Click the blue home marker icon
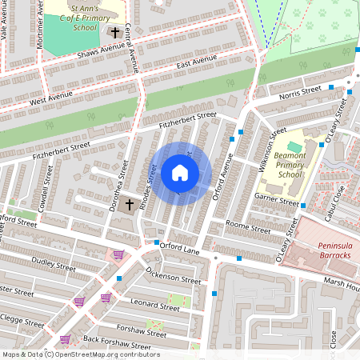pos(180,173)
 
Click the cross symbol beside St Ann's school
pos(115,33)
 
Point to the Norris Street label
pos(300,94)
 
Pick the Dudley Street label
pos(52,262)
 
